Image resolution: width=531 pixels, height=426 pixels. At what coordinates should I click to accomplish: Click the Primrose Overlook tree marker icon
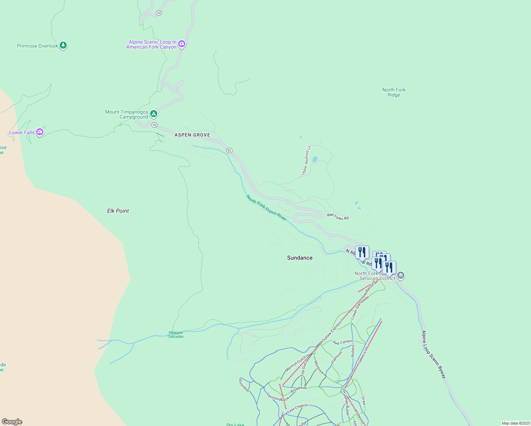coord(63,45)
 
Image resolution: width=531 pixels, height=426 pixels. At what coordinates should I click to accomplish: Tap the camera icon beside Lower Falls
coord(40,132)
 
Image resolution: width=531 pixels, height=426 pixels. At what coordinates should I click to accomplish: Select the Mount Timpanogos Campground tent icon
coord(153,114)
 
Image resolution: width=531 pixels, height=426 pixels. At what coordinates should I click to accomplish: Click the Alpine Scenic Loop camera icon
coord(182,44)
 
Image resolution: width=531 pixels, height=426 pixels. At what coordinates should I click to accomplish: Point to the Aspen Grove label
coord(192,135)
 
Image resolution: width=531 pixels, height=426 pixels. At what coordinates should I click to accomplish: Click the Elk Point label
coord(118,211)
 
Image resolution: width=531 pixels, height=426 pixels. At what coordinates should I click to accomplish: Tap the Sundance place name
coord(300,258)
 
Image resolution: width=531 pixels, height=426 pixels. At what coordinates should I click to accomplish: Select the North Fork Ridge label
coord(394,92)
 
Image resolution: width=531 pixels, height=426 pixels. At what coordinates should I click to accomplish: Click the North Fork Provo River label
coord(266,208)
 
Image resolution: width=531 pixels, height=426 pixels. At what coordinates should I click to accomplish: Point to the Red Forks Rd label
coord(338,217)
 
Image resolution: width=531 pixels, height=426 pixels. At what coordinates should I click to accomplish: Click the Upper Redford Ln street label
coord(306,160)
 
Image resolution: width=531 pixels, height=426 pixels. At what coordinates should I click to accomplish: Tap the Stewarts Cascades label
coord(176,335)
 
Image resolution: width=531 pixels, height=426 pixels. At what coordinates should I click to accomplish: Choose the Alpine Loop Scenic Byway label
coord(433,354)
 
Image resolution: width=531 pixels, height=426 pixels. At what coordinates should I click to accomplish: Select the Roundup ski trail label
coord(244,385)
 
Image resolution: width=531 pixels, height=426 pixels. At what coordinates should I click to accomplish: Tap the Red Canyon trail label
coord(343,342)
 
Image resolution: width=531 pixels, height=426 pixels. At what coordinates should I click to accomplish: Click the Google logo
coord(12,422)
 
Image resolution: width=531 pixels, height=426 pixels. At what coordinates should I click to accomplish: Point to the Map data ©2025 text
coord(516,423)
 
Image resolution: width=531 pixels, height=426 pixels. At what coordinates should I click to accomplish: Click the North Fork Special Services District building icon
coord(401,275)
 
